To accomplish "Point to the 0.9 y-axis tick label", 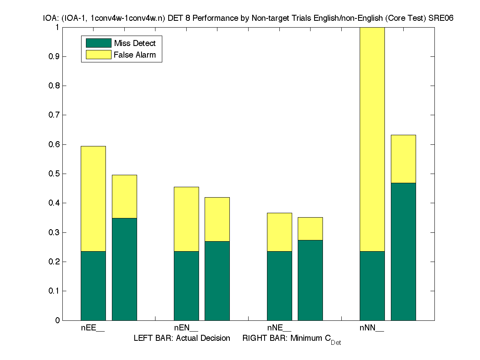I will [54, 56].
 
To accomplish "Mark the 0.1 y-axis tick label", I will [54, 291].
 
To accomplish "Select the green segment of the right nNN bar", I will [403, 252].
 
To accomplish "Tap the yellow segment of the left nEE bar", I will [93, 199].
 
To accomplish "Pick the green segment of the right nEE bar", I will [124, 269].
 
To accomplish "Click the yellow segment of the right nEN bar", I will [217, 219].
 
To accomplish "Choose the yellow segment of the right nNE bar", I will [310, 229].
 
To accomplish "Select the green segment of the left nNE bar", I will [279, 286].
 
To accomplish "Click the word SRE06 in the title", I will [441, 18].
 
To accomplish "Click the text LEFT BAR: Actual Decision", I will [182, 338].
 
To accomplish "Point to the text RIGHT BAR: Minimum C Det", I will [291, 339].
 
